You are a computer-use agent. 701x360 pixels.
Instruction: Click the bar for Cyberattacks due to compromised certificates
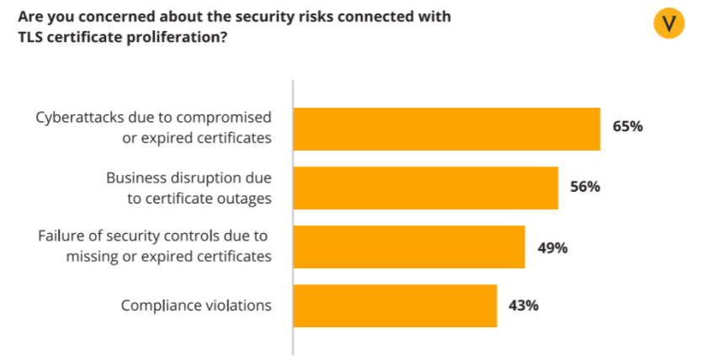click(446, 129)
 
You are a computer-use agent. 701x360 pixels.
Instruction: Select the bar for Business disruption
click(426, 188)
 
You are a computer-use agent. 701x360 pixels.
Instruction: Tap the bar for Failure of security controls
click(409, 246)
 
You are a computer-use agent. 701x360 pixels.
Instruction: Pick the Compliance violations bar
click(395, 305)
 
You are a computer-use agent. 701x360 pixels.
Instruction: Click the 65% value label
click(628, 127)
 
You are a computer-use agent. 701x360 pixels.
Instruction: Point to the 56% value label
click(585, 187)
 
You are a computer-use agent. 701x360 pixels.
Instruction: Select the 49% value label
click(552, 247)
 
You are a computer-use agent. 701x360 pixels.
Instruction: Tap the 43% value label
click(523, 305)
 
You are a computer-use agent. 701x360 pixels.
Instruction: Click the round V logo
click(669, 23)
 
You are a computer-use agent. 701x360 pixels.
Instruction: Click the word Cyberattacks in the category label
click(78, 118)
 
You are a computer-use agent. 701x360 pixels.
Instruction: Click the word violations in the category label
click(239, 305)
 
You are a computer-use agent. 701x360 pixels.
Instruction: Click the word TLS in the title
click(29, 37)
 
